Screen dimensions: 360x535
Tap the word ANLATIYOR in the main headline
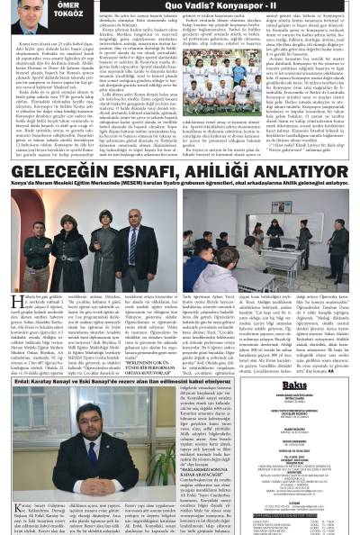[295, 172]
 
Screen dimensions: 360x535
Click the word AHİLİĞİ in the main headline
[212, 172]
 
